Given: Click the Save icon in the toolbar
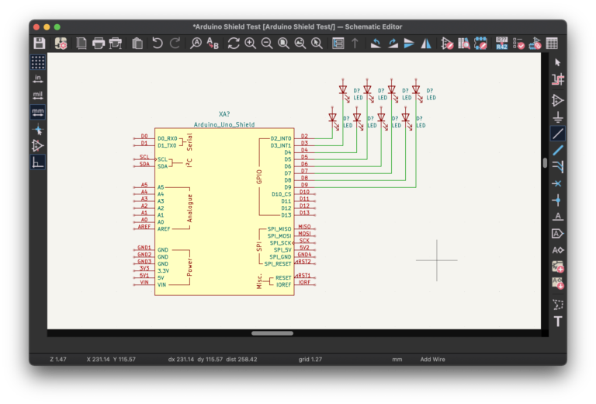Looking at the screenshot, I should tap(40, 44).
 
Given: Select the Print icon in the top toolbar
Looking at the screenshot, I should tap(99, 44).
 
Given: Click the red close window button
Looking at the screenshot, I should tap(36, 26).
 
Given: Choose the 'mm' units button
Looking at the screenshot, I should tap(38, 112).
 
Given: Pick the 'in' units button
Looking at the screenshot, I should tap(38, 78).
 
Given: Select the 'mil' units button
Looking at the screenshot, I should tap(38, 95).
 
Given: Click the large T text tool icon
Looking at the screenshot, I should tap(557, 322).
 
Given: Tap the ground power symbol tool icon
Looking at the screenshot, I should tap(557, 117).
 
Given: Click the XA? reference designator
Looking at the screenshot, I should tap(224, 114).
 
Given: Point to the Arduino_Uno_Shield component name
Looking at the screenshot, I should tap(224, 124).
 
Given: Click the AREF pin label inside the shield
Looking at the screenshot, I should tap(164, 229).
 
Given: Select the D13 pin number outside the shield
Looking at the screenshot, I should tap(304, 213).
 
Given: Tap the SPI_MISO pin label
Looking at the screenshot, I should tap(279, 229).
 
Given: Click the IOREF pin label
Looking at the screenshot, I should tap(283, 285).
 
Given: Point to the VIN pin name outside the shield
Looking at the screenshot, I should tap(144, 282).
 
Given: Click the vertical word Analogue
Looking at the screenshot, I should tap(190, 208).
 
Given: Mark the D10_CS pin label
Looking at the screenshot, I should tap(281, 193).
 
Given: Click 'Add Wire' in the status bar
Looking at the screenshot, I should tap(433, 360).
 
